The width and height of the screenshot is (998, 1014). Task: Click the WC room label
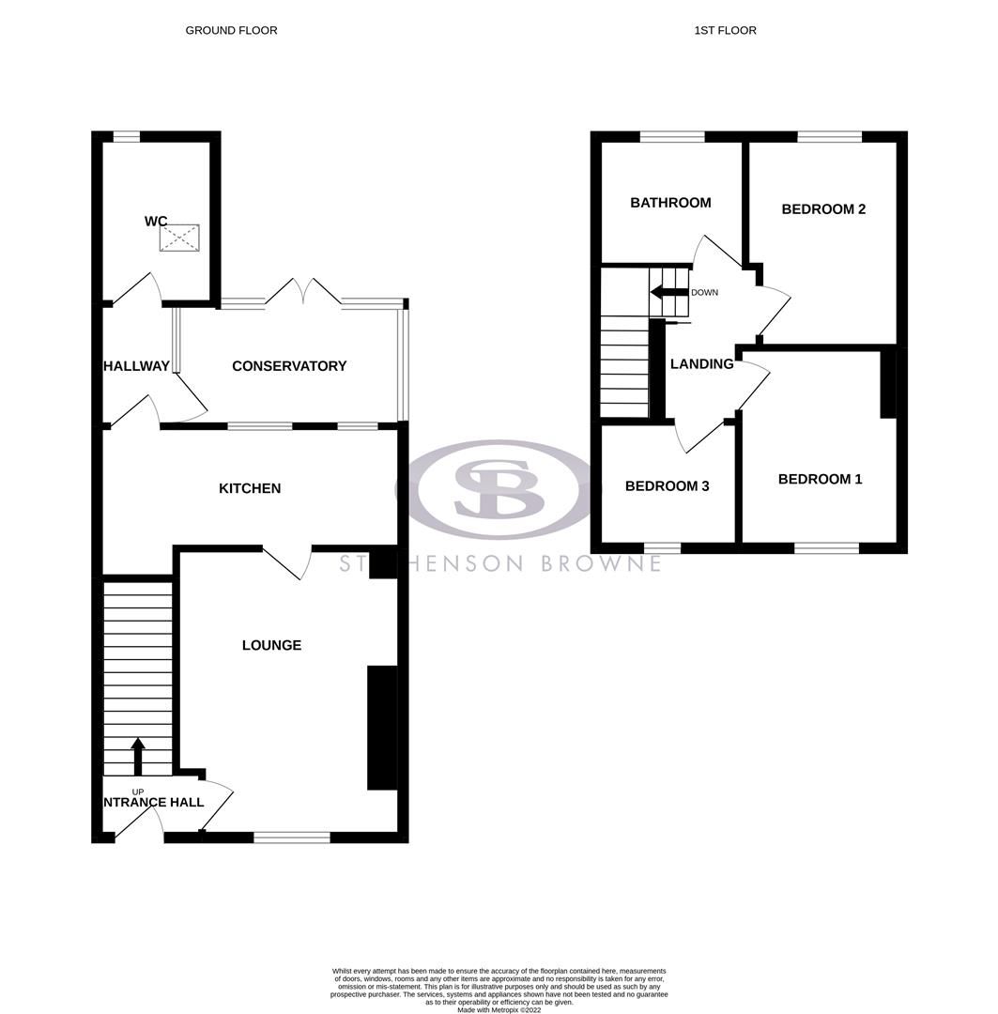156,222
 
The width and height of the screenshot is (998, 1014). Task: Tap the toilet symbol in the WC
179,238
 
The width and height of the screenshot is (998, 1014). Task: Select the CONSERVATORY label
289,366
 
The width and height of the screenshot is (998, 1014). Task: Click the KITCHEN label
250,488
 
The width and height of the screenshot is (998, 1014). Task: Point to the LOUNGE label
271,645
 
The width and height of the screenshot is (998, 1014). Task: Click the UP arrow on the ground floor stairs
138,755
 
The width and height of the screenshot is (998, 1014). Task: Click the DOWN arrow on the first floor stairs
669,292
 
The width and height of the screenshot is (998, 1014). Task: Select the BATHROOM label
670,203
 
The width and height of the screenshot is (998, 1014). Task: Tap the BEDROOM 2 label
823,209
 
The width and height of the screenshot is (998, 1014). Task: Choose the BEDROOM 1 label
820,479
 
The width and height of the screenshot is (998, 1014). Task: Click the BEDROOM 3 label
667,486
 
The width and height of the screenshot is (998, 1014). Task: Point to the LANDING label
702,364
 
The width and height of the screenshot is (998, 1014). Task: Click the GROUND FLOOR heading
231,30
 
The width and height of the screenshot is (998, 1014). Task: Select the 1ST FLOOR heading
725,30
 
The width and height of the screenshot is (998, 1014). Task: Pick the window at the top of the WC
127,137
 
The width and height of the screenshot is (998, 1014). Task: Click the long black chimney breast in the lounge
381,728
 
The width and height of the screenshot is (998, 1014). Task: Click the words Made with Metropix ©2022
499,1009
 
